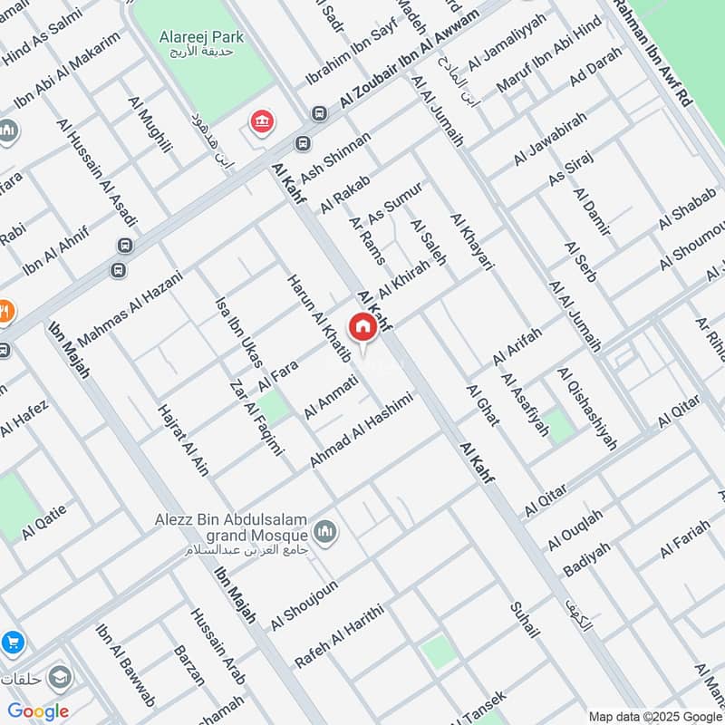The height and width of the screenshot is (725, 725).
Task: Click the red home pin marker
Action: point(362,327)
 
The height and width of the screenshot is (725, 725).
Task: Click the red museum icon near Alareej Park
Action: point(262,122)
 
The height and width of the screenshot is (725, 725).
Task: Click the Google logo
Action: point(38,711)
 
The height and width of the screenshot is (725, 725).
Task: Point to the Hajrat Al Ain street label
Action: point(183,440)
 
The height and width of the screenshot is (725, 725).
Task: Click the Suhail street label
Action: point(524,620)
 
